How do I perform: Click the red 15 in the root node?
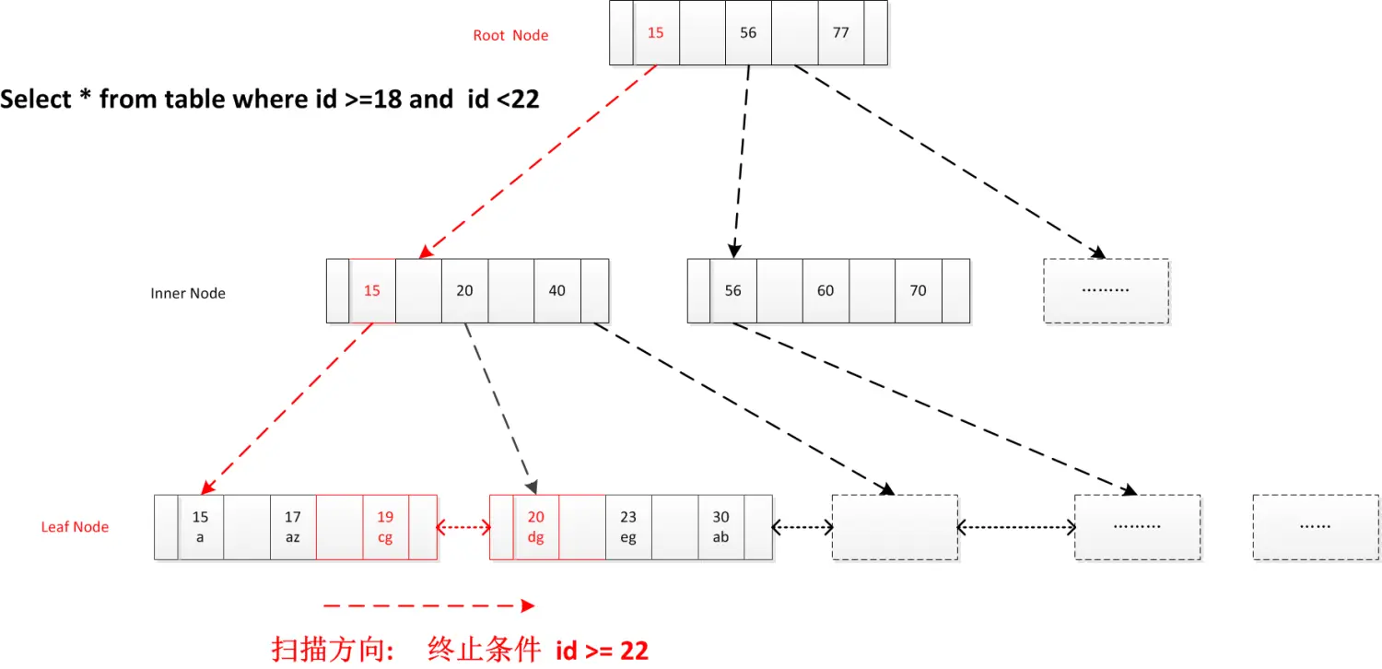pyautogui.click(x=655, y=33)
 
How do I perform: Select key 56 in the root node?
pyautogui.click(x=748, y=33)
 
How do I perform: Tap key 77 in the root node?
pyautogui.click(x=840, y=33)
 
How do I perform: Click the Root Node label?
pyautogui.click(x=510, y=36)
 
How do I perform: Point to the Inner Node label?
pyautogui.click(x=188, y=294)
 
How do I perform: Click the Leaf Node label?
pyautogui.click(x=75, y=527)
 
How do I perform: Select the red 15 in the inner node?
pyautogui.click(x=372, y=291)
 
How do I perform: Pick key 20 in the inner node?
pyautogui.click(x=464, y=291)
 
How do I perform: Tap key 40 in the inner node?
pyautogui.click(x=556, y=291)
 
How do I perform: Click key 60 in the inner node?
pyautogui.click(x=826, y=291)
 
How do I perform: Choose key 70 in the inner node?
pyautogui.click(x=918, y=291)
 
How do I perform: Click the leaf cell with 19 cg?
pyautogui.click(x=385, y=527)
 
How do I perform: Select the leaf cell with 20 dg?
pyautogui.click(x=535, y=527)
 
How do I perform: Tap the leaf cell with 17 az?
pyautogui.click(x=292, y=527)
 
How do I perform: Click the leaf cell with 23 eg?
pyautogui.click(x=628, y=527)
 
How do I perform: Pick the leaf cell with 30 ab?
pyautogui.click(x=720, y=527)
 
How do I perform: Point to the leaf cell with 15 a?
pyautogui.click(x=200, y=527)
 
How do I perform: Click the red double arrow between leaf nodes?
pyautogui.click(x=463, y=528)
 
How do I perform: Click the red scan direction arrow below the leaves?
pyautogui.click(x=428, y=605)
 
